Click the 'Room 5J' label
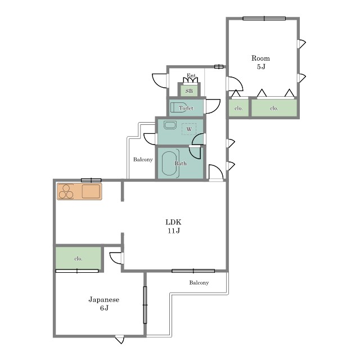[x=260, y=62]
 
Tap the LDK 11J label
[x=174, y=226]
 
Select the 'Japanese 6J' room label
[x=104, y=304]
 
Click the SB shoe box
[x=189, y=89]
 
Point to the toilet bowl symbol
[x=178, y=107]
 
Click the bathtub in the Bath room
[x=170, y=163]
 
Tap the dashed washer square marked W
[x=189, y=129]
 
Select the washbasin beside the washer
[x=170, y=125]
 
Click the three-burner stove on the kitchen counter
[x=66, y=191]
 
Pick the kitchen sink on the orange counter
[x=91, y=191]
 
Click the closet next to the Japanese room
[x=78, y=258]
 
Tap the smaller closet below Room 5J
[x=238, y=108]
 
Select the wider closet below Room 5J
[x=274, y=108]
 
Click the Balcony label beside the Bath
[x=143, y=159]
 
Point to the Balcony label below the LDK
[x=199, y=282]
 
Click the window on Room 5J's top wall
[x=264, y=19]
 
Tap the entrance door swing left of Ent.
[x=160, y=80]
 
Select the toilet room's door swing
[x=212, y=106]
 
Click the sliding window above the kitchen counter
[x=91, y=180]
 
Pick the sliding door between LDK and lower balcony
[x=193, y=271]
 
